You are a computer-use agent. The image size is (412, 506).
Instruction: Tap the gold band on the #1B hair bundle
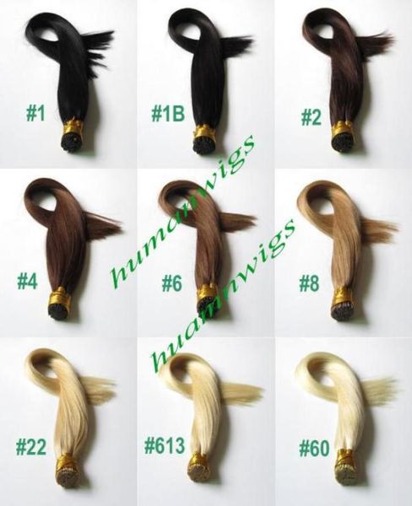click(x=205, y=132)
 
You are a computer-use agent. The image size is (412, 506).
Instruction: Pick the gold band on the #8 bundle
click(x=344, y=298)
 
